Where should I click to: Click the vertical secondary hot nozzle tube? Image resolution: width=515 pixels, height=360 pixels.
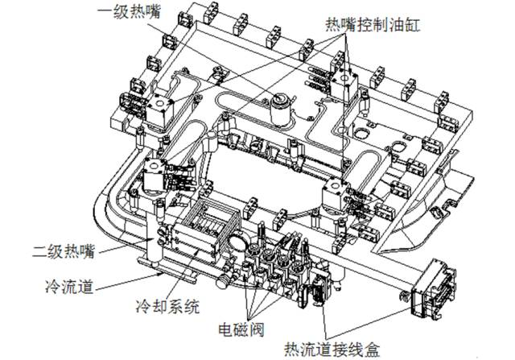click(152, 230)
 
